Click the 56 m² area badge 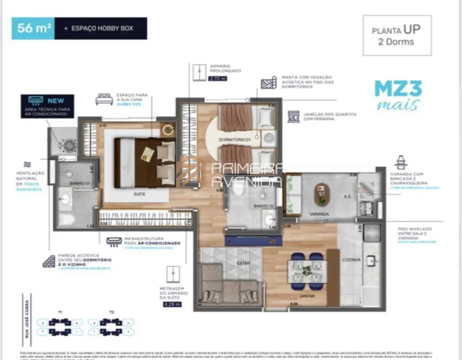(33, 28)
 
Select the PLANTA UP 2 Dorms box (397, 35)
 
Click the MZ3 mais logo (398, 95)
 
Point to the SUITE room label (140, 194)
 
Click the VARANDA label (319, 213)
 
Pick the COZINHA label (351, 259)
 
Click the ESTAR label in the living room (242, 263)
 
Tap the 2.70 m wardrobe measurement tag (217, 79)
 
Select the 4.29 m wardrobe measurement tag (173, 304)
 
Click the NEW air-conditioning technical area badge (47, 105)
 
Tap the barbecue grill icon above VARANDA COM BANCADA (401, 162)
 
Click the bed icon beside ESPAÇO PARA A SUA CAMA (103, 99)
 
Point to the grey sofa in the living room (230, 285)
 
